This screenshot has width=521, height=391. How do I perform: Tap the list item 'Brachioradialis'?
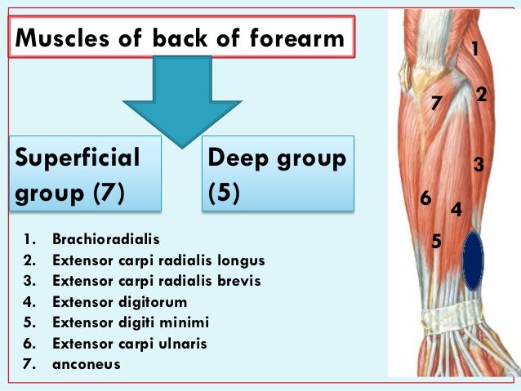(106, 240)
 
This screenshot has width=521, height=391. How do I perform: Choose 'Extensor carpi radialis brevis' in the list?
(156, 281)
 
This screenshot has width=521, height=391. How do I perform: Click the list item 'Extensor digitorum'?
(119, 302)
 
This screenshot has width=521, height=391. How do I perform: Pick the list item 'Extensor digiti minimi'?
(131, 322)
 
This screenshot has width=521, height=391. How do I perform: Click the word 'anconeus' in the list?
(86, 364)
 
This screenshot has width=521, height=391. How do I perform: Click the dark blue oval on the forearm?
(473, 260)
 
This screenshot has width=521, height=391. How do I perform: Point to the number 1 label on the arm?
(474, 51)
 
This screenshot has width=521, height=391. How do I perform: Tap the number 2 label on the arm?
(481, 96)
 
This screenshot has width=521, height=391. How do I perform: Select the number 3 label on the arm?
(479, 166)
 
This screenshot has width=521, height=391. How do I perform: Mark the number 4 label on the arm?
(456, 210)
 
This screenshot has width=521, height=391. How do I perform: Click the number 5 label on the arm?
(436, 241)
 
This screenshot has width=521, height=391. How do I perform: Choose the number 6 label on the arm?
(425, 198)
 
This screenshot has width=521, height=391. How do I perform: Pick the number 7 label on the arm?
(436, 104)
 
